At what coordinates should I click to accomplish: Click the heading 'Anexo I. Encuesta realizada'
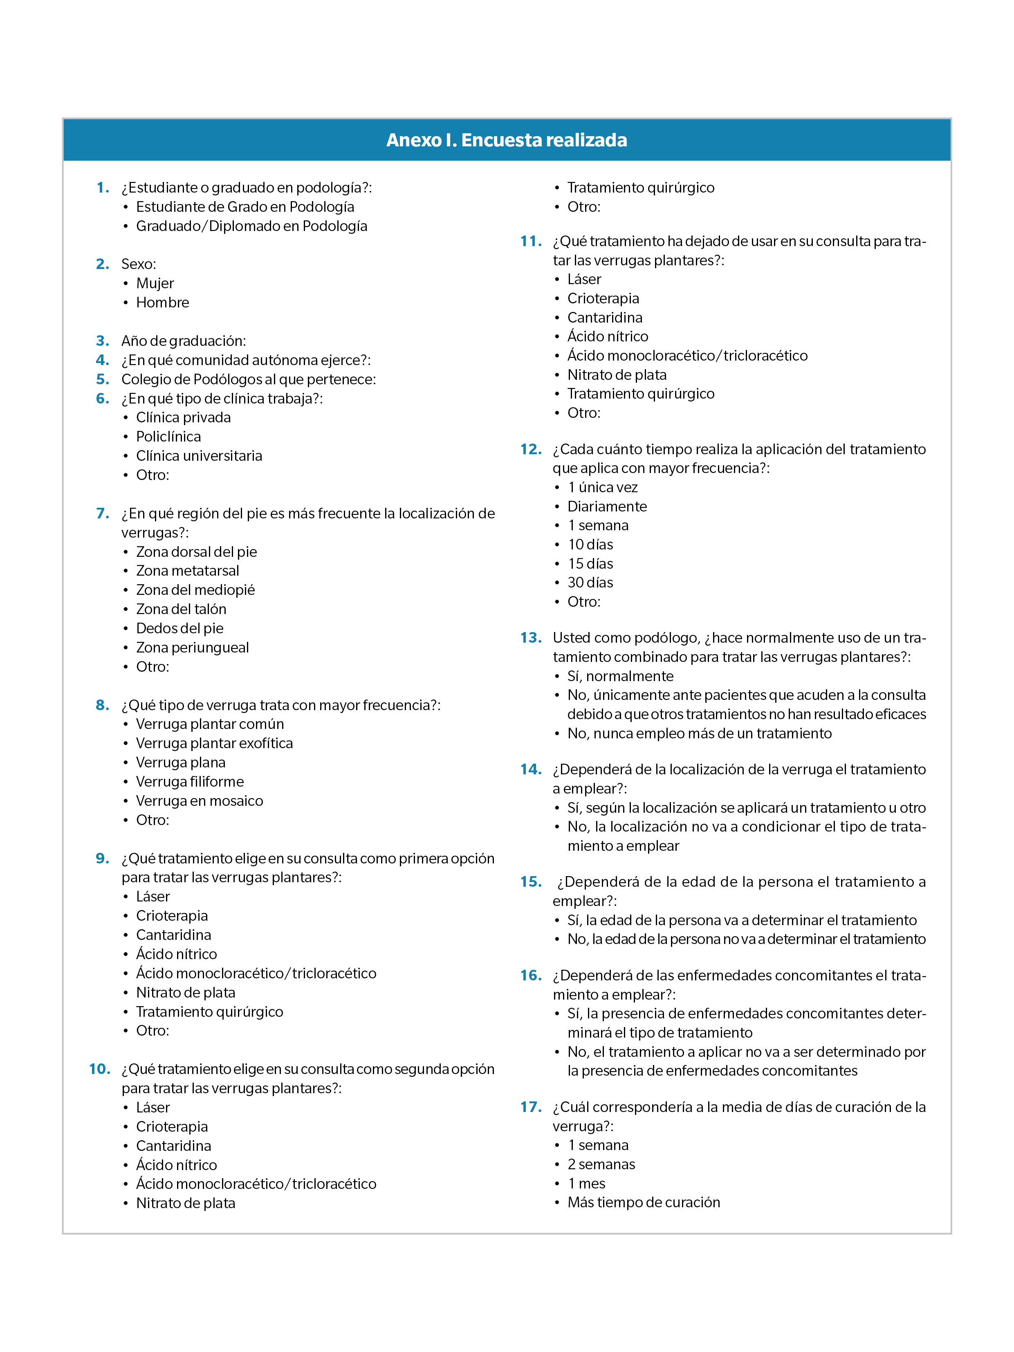506,140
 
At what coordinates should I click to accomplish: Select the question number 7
103,513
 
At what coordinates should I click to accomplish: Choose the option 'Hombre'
163,303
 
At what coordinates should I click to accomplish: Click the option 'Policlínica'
168,436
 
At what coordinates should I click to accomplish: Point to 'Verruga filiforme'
189,781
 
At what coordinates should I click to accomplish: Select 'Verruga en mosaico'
199,800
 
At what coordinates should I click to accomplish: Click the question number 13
531,637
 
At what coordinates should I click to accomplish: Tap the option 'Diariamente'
607,506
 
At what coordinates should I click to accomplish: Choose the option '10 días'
590,545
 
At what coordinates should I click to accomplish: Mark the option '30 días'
590,583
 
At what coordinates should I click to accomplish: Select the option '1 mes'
586,1183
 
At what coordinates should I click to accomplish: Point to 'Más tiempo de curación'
644,1202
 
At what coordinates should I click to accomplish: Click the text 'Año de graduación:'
183,341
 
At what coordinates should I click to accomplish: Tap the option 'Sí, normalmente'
620,676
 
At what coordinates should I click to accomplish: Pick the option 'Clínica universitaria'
199,456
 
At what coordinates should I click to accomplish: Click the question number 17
531,1107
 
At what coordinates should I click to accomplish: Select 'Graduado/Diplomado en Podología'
251,226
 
